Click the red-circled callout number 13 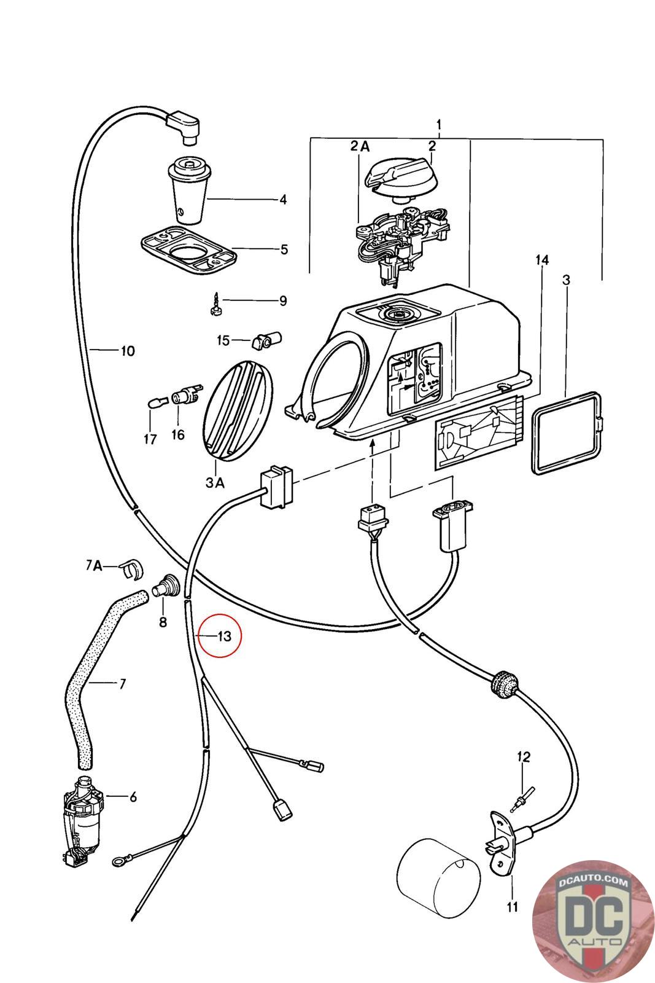click(225, 636)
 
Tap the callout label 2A click(360, 146)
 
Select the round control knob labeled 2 click(401, 179)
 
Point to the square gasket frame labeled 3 click(567, 433)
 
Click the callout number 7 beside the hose click(122, 683)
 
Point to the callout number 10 click(128, 351)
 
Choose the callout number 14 click(542, 260)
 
